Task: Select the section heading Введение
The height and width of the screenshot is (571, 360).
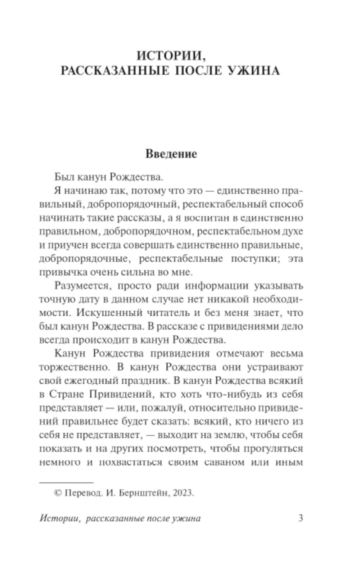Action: [171, 154]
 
